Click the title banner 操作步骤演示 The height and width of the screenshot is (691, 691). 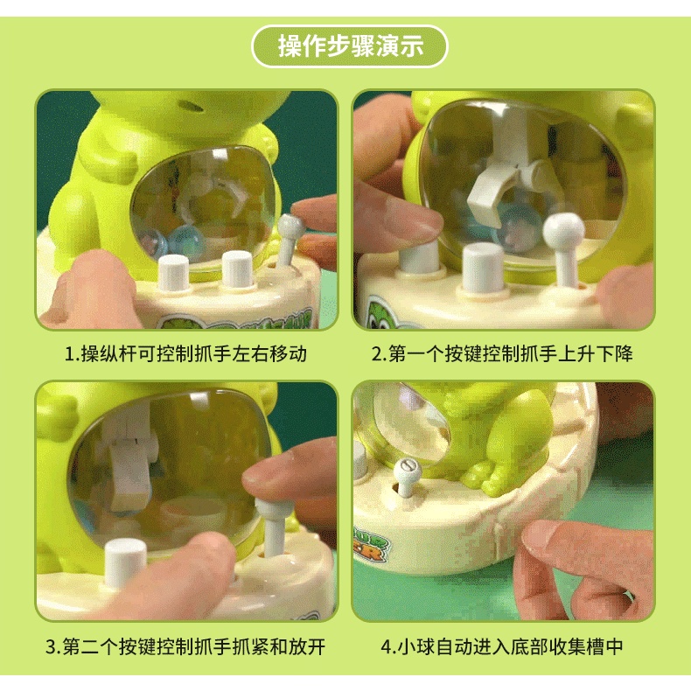[x=350, y=46]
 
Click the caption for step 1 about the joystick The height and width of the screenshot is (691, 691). [x=185, y=354]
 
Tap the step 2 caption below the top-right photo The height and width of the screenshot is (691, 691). [x=502, y=354]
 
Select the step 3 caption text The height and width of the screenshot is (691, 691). [x=185, y=646]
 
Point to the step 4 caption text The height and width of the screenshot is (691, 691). [x=502, y=646]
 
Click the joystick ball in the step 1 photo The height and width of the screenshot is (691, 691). [x=290, y=225]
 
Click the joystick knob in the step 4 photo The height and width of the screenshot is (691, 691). [x=407, y=469]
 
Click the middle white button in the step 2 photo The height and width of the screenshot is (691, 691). [x=484, y=268]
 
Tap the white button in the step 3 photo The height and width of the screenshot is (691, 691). [x=125, y=562]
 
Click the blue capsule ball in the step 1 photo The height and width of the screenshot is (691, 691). [x=187, y=241]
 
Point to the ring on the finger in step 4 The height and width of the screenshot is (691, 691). [x=629, y=597]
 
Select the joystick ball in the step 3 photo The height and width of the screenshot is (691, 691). [x=269, y=506]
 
